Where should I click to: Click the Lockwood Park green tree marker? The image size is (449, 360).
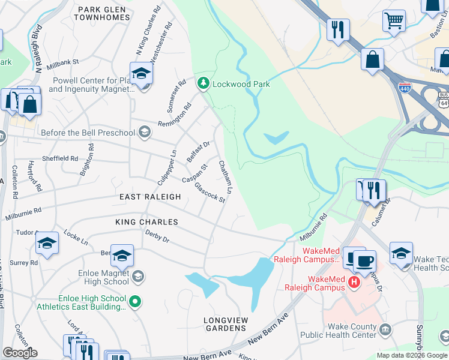(204, 84)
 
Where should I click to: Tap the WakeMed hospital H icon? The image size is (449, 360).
(354, 281)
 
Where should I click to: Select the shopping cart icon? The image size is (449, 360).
(394, 21)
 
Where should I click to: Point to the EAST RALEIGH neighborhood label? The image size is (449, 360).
(150, 197)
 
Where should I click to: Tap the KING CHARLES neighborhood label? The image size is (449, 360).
(147, 222)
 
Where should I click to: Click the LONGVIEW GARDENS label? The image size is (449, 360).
(225, 324)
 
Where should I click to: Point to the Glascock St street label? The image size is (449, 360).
(210, 192)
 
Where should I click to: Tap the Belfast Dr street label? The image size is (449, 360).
(198, 152)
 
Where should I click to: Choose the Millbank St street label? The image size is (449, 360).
(62, 62)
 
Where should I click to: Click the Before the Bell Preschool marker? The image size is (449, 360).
(144, 132)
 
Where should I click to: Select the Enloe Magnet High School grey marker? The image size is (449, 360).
(138, 276)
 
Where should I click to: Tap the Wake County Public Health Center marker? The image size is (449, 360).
(385, 329)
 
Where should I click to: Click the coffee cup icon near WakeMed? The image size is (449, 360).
(364, 262)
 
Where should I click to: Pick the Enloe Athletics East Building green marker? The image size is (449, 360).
(136, 302)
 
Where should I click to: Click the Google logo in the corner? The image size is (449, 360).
(20, 353)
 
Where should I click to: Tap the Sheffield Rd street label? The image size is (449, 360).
(60, 159)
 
